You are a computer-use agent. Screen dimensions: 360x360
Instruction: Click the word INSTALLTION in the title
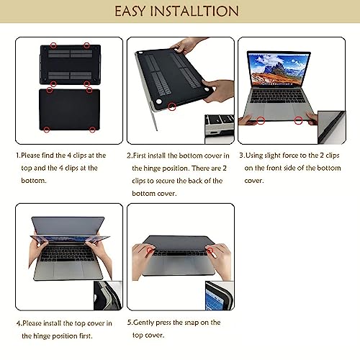point(194,11)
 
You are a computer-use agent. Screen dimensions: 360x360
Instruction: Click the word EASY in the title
point(130,11)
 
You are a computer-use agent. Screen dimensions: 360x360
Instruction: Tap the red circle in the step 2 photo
point(172,107)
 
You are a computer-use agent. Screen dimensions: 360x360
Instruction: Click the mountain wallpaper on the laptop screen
point(279,70)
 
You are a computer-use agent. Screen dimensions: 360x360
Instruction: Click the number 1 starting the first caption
point(17,156)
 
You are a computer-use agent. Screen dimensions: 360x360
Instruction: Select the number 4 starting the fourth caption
point(19,323)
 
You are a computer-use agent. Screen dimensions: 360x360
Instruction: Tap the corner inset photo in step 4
point(108,295)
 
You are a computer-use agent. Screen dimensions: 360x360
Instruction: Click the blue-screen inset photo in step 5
point(220,296)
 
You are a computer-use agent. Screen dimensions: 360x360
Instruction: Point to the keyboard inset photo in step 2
point(220,129)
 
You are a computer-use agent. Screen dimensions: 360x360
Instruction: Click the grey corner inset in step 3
point(332,127)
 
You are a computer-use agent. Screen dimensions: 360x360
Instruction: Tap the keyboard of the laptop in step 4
point(68,254)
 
